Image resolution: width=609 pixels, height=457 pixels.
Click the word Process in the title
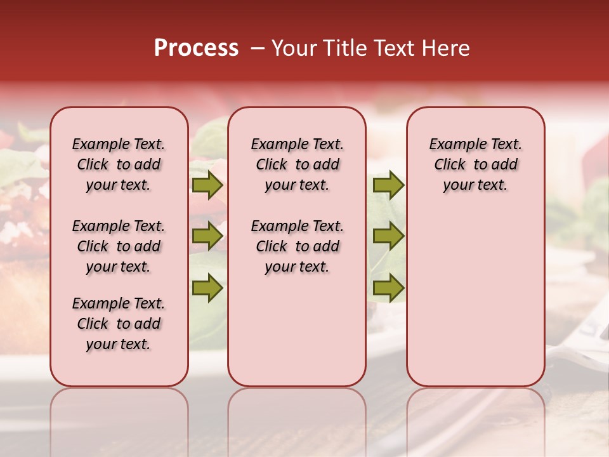tap(196, 48)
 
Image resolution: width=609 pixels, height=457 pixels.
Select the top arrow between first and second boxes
tap(207, 185)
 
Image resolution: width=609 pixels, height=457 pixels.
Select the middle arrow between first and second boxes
tap(207, 237)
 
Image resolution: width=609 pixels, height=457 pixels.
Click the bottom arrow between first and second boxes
tap(207, 288)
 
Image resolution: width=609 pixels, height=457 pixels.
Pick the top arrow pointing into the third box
tap(388, 185)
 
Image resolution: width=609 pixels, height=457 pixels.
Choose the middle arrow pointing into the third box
tap(388, 237)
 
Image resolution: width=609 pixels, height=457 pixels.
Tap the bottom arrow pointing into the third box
tap(388, 288)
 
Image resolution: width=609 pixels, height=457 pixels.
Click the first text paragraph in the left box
tap(119, 164)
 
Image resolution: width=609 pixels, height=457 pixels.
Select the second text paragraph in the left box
tap(119, 246)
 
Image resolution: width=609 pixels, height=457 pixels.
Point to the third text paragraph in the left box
tap(119, 324)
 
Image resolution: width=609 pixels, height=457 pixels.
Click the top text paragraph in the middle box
tap(297, 164)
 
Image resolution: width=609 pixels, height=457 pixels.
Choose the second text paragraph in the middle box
tap(297, 246)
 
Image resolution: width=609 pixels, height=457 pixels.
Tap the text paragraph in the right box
tap(475, 164)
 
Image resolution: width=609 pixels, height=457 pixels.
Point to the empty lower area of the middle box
tap(297, 330)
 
